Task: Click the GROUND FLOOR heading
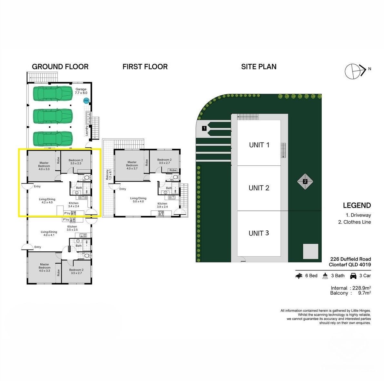[60, 67]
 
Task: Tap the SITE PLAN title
[258, 67]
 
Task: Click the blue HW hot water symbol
[86, 101]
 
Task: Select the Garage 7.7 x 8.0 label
[81, 91]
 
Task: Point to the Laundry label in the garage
[86, 131]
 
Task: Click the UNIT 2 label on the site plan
[259, 188]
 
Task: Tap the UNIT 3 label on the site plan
[259, 233]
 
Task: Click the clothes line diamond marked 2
[305, 181]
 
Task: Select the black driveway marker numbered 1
[204, 128]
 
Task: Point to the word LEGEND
[357, 206]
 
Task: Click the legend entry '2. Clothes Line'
[354, 222]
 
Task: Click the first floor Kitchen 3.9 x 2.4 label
[162, 205]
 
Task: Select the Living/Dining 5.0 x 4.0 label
[138, 200]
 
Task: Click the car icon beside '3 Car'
[353, 276]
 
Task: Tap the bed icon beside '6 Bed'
[299, 276]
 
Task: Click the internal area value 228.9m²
[361, 288]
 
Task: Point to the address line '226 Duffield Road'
[350, 259]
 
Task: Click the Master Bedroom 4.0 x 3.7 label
[132, 165]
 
